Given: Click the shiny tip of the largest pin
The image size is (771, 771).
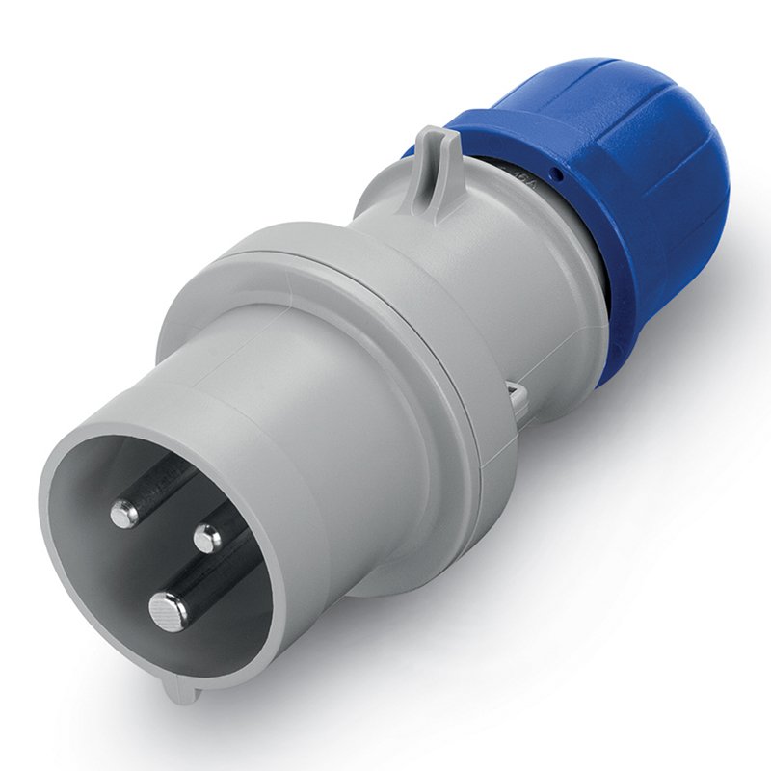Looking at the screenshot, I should [169, 611].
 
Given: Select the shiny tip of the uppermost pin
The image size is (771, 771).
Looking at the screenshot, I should [125, 514].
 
